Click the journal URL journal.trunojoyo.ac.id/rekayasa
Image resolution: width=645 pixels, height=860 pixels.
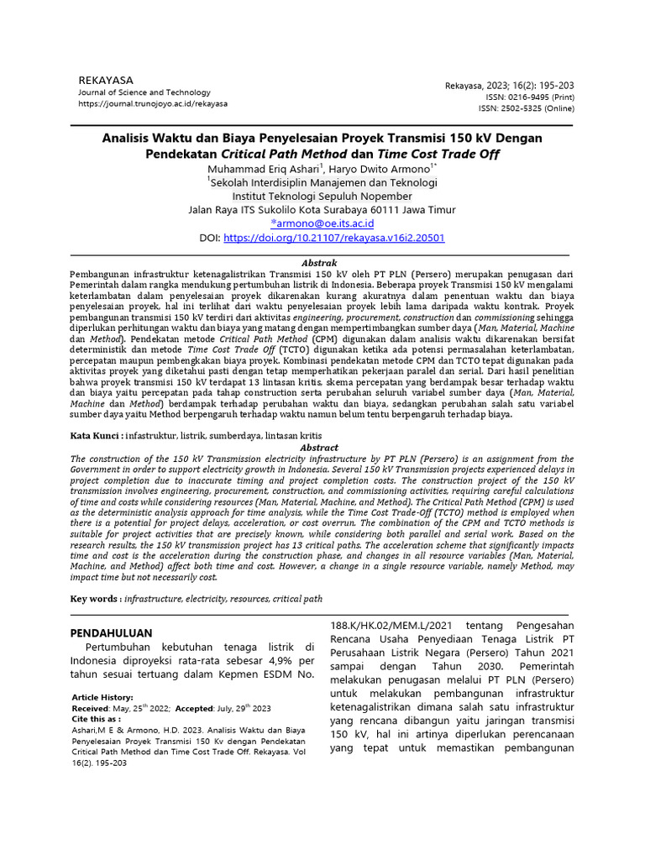click(153, 103)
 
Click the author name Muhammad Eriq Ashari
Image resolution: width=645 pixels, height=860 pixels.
click(261, 168)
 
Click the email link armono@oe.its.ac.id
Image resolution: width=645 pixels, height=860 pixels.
click(322, 223)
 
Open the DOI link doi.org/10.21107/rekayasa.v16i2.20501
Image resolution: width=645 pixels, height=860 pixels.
click(334, 238)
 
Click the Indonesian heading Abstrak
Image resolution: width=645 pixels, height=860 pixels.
click(319, 263)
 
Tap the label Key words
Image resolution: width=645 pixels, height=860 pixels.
click(95, 599)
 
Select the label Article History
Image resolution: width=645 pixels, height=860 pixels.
click(102, 697)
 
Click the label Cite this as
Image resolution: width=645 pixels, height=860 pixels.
click(95, 719)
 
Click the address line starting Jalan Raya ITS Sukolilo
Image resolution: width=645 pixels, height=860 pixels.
click(322, 210)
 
